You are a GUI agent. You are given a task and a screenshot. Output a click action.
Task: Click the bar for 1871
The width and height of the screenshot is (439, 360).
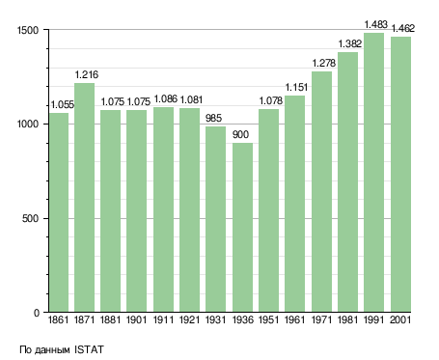(x=84, y=198)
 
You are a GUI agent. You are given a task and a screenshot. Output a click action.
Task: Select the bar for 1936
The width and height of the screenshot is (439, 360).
(x=242, y=228)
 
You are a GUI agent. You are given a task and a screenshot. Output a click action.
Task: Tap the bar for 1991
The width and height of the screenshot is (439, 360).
(x=373, y=173)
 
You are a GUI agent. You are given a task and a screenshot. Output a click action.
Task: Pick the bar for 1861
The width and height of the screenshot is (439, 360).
(x=59, y=212)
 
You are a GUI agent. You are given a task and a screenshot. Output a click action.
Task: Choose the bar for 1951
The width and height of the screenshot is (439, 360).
(x=268, y=210)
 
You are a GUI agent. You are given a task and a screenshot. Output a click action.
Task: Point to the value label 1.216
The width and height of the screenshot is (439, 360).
(x=87, y=74)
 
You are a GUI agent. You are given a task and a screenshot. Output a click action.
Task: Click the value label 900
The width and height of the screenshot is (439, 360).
(x=240, y=134)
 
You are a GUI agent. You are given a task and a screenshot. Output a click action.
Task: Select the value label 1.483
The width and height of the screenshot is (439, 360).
(x=375, y=24)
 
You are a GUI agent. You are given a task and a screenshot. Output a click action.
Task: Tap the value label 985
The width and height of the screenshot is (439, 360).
(x=213, y=118)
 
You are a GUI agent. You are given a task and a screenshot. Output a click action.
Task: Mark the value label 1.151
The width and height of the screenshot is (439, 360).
(x=296, y=87)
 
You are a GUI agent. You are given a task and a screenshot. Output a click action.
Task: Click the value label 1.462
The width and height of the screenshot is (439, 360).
(x=402, y=28)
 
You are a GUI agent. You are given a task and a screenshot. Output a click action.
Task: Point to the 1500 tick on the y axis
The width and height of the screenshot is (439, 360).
(x=28, y=30)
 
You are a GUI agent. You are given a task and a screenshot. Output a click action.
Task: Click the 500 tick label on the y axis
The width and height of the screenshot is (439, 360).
(x=30, y=218)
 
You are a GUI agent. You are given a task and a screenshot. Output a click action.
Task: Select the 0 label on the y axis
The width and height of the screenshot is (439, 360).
(x=36, y=313)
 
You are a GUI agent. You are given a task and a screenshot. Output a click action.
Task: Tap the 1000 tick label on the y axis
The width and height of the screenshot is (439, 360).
(x=28, y=125)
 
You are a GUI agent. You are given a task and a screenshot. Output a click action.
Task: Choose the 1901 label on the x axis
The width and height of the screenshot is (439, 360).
(x=136, y=319)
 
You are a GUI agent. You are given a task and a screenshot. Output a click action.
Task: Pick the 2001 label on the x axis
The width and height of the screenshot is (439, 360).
(x=400, y=319)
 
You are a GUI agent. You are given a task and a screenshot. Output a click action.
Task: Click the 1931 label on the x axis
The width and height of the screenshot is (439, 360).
(x=215, y=319)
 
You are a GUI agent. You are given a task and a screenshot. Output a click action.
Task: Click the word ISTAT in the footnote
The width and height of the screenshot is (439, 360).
(x=89, y=349)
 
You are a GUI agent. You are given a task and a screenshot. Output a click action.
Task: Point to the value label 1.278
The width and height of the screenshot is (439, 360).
(x=324, y=63)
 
